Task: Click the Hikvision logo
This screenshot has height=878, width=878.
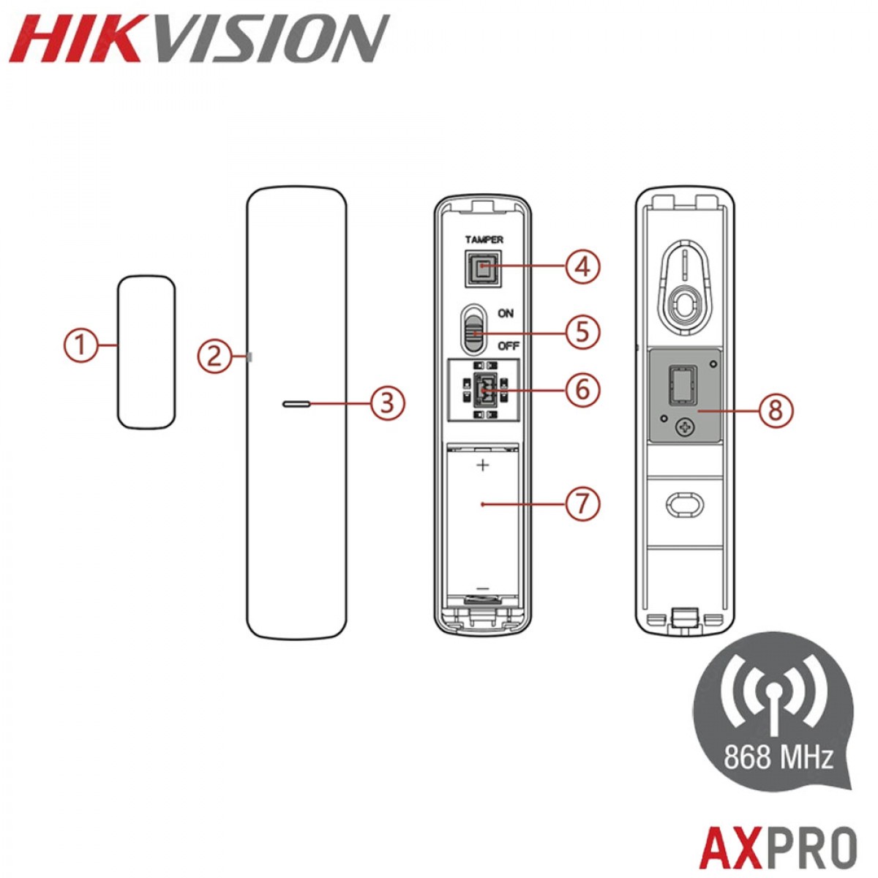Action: (199, 38)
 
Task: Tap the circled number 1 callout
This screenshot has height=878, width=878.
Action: (80, 345)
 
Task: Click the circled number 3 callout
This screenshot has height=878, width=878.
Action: (387, 404)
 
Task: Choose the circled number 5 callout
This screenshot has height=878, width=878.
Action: (582, 332)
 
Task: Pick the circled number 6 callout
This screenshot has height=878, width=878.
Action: (582, 390)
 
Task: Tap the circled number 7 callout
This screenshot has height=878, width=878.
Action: (582, 504)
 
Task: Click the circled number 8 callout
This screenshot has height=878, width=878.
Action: (775, 410)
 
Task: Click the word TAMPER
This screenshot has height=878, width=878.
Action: (484, 240)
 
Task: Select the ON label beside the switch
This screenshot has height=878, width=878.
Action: (506, 313)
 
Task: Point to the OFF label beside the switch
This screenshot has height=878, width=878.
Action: (509, 346)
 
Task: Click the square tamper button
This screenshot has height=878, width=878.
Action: (483, 269)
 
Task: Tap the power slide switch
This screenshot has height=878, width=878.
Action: (474, 329)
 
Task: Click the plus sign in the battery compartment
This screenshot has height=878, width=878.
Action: (482, 465)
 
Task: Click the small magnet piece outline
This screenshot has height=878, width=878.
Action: (146, 352)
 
